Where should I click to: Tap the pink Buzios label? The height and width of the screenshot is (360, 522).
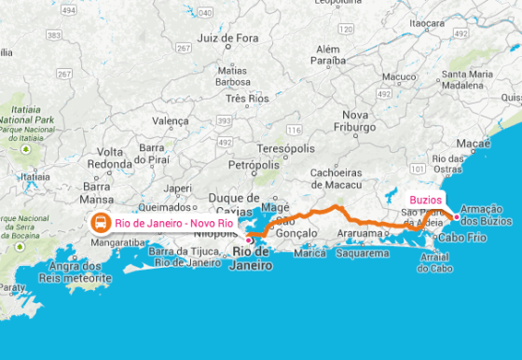[425, 200]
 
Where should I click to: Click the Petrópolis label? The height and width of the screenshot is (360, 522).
[254, 164]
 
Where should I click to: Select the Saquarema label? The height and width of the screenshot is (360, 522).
[362, 253]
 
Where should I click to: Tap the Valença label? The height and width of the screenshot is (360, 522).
[170, 121]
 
